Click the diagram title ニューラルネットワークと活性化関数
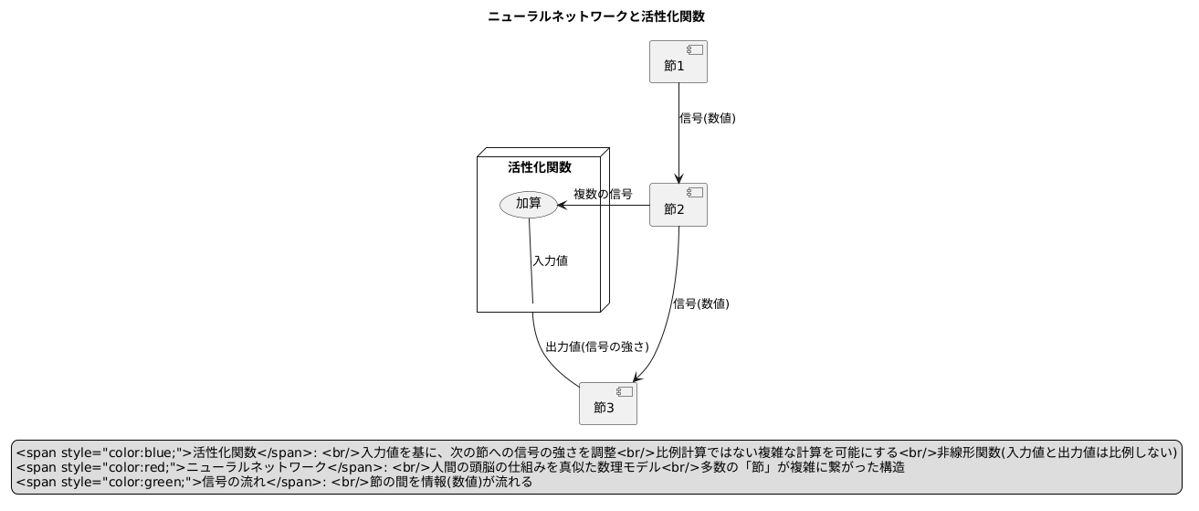pos(595,16)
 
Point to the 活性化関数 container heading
pos(539,167)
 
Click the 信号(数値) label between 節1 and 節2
pos(708,118)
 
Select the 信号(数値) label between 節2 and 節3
pos(701,303)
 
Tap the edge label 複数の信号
pos(603,194)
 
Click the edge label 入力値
pos(551,261)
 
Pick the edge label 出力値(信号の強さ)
pos(596,347)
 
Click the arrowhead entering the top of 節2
pos(678,177)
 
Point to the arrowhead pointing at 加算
pos(563,205)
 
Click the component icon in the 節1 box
pos(695,50)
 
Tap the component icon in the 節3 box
pos(625,391)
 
